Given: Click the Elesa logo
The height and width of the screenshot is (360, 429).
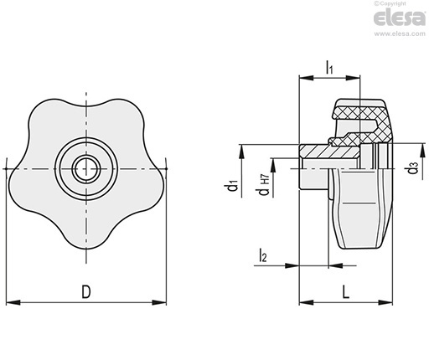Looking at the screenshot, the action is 399,18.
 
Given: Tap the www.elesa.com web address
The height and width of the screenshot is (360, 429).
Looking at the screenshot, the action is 400,33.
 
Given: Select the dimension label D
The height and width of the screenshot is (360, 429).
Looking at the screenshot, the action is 86,291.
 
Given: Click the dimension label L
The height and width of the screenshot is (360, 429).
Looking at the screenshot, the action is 346,292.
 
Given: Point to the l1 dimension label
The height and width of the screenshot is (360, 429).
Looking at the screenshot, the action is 329,68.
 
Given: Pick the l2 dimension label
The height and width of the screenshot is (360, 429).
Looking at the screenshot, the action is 263,255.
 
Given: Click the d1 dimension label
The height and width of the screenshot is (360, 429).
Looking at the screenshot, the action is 232,186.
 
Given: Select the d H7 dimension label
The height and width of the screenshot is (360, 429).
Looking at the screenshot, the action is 264,184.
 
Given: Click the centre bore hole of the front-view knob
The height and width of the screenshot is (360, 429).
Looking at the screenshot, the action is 86,168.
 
